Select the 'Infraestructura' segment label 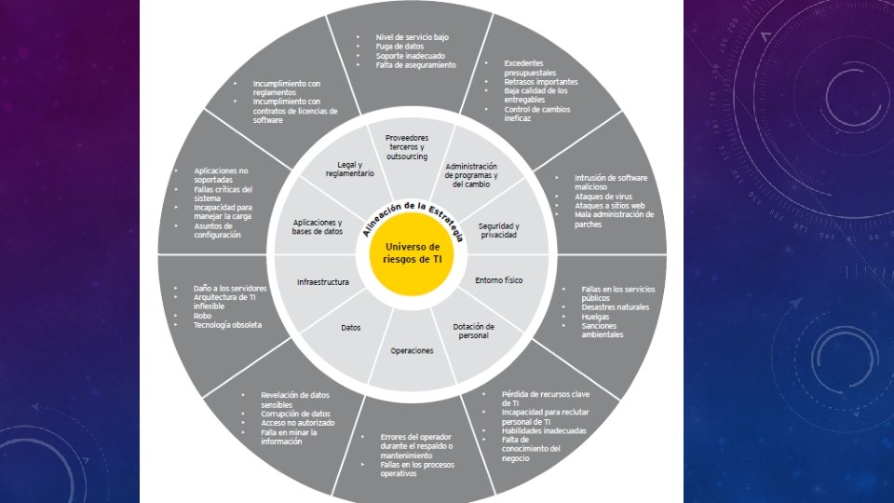[323, 280]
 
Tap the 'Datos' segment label [351, 328]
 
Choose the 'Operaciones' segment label [412, 350]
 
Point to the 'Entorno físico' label [499, 279]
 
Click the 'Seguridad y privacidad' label [498, 231]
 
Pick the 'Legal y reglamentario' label [349, 169]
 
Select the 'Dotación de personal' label [473, 331]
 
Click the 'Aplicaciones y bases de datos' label [318, 226]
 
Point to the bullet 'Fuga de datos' [401, 46]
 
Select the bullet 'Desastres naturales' [615, 307]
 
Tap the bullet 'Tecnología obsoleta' [228, 325]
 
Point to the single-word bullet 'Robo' [204, 316]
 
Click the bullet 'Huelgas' [597, 316]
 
